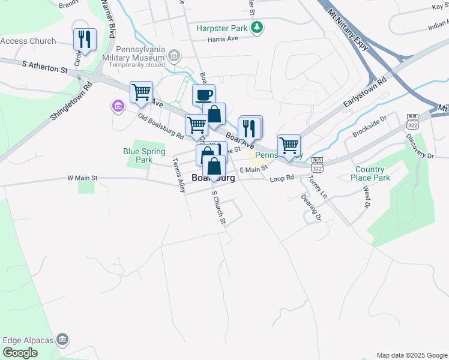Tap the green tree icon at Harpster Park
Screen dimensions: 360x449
[257, 28]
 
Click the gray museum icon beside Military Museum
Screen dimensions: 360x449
[174, 56]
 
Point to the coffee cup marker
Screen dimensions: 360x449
[203, 95]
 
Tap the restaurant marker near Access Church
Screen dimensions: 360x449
[85, 40]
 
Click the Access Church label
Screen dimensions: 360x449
[28, 41]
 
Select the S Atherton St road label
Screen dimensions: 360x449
[45, 66]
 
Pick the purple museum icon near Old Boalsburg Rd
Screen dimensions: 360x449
[118, 107]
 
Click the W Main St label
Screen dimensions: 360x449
[82, 178]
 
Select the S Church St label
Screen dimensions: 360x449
[218, 208]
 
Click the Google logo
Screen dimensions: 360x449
[20, 352]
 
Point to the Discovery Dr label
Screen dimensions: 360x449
[420, 146]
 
